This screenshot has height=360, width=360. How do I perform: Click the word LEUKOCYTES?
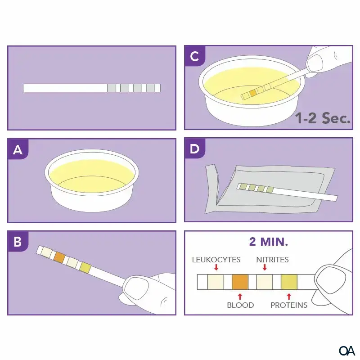216,260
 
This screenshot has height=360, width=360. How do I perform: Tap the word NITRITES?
272,260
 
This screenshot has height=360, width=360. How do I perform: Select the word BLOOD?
240,305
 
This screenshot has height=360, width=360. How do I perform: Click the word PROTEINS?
289,305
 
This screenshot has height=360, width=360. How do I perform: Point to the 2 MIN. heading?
269,242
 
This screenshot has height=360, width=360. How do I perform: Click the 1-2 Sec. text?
323,118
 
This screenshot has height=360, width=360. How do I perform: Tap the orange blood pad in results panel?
240,282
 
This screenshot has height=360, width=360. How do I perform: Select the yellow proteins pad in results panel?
289,282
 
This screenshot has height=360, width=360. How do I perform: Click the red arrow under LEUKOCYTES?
216,268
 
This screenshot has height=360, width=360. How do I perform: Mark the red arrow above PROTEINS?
289,296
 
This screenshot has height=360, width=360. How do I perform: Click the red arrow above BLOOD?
240,296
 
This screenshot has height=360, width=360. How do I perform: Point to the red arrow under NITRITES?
265,268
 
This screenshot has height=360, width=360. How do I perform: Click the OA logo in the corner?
347,350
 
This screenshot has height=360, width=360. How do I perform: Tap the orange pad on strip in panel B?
59,257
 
